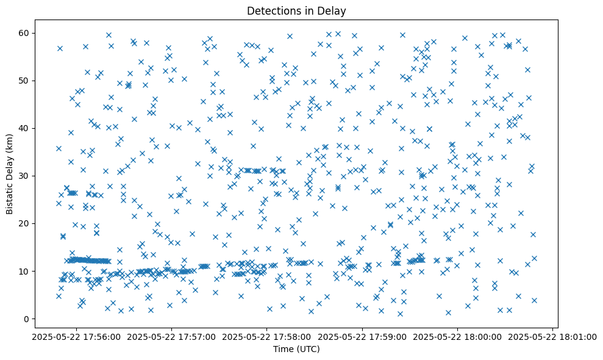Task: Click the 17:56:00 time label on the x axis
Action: tap(76, 336)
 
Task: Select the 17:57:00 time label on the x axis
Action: tap(172, 336)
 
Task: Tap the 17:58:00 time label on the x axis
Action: tap(267, 336)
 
